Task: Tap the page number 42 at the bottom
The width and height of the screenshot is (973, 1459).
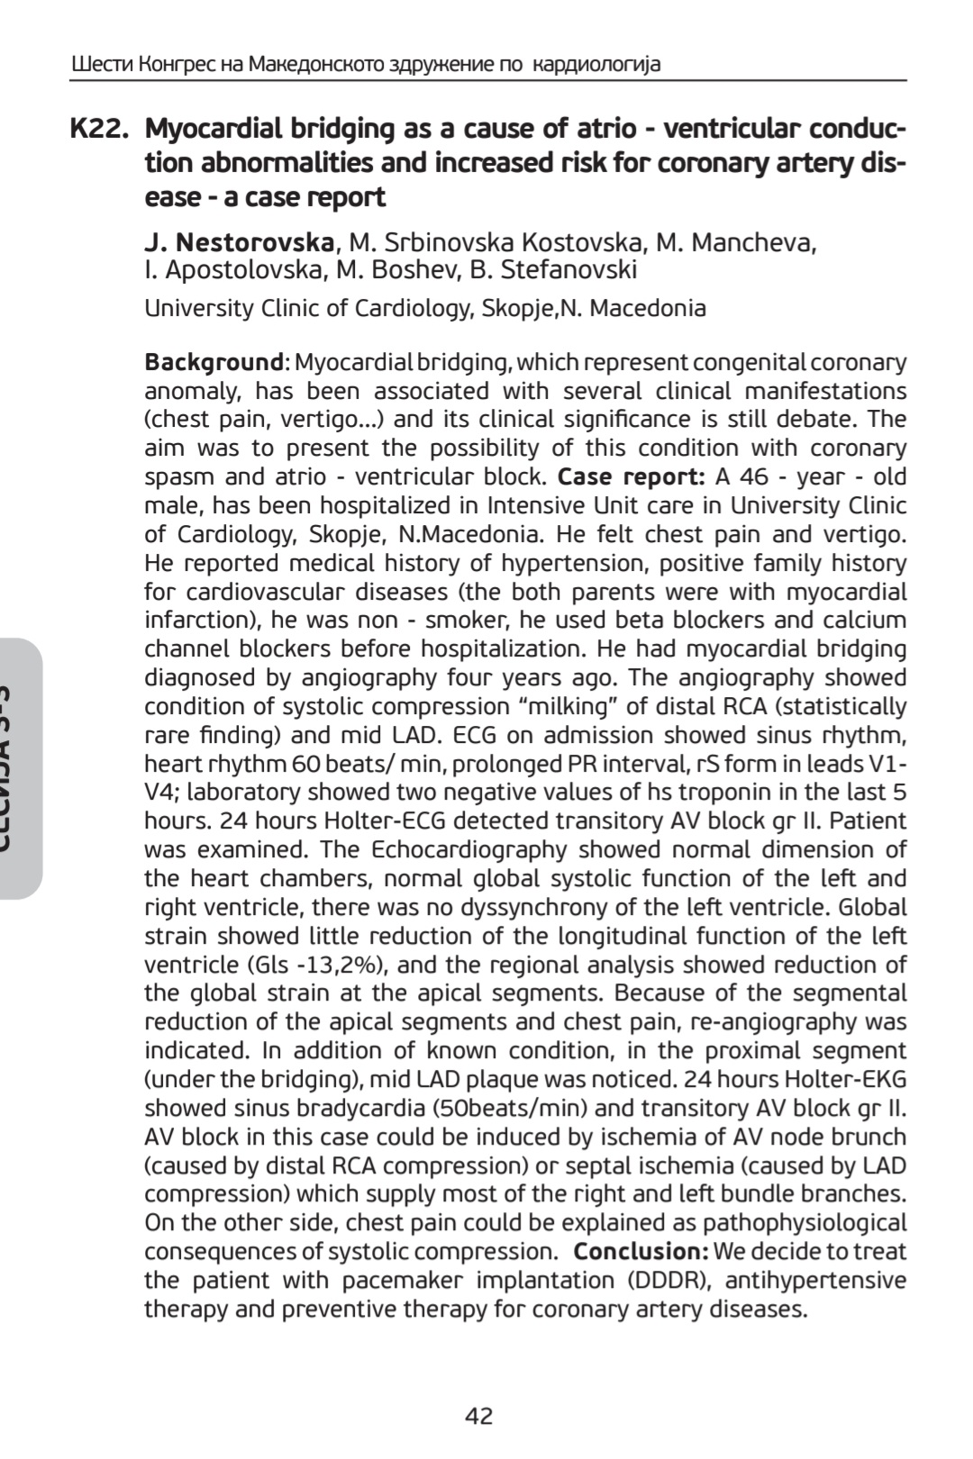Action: pyautogui.click(x=478, y=1417)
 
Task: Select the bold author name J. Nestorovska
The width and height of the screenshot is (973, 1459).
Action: pyautogui.click(x=241, y=243)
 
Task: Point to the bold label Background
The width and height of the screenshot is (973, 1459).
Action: pyautogui.click(x=214, y=363)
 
